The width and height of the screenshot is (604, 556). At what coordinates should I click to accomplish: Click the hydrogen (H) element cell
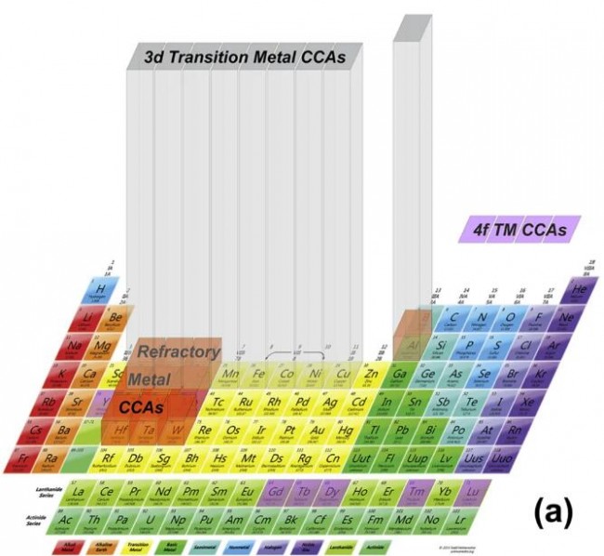[x=97, y=291]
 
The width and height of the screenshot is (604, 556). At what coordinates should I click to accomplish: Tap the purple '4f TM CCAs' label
[x=519, y=229]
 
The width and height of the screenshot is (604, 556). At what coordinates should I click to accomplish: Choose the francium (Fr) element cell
[x=26, y=457]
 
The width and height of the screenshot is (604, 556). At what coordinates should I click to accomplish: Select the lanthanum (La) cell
[x=81, y=492]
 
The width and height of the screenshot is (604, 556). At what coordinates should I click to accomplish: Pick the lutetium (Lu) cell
[x=473, y=492]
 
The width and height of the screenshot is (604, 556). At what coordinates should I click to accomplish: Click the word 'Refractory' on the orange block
[x=179, y=352]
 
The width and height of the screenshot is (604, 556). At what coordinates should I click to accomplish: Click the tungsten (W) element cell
[x=176, y=430]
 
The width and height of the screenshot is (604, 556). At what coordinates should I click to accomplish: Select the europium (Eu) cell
[x=246, y=492]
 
